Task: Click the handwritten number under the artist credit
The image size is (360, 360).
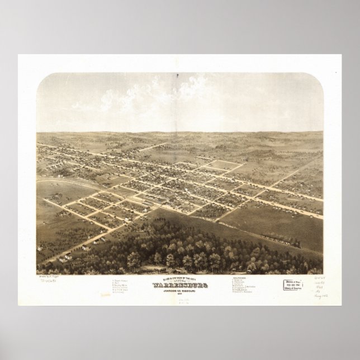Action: [x=51, y=281]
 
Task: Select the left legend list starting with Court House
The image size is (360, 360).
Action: [x=123, y=285]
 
